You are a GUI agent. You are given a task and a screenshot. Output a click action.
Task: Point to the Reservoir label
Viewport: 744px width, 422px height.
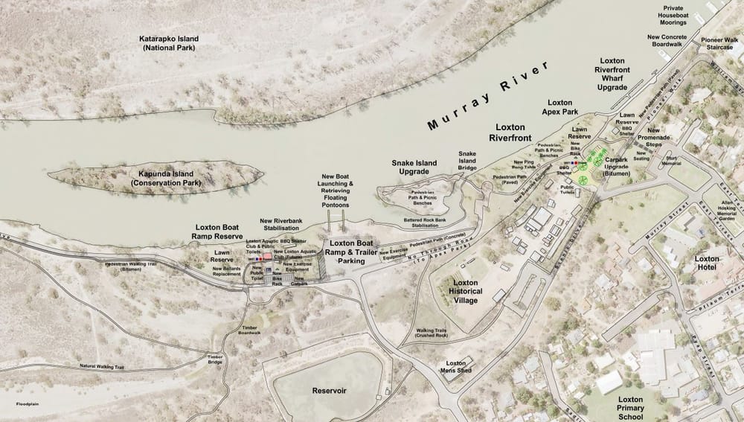point(330,390)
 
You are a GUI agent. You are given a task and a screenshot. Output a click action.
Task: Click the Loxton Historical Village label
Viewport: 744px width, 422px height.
point(466,292)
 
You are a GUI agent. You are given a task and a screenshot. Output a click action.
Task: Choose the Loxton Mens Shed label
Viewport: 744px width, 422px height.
point(455,366)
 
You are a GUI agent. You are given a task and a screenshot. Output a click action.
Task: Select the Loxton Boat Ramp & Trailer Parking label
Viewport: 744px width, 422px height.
point(351,252)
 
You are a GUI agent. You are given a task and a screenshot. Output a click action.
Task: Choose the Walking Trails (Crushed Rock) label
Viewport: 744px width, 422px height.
point(432,333)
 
